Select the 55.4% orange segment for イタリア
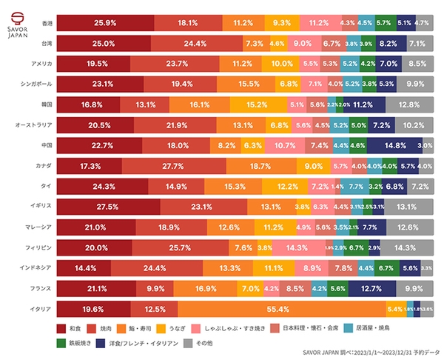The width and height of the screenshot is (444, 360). click(281, 308)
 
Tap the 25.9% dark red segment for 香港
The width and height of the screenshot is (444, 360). click(105, 23)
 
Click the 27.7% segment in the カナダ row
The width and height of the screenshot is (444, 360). click(172, 166)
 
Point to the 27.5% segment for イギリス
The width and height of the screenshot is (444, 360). click(108, 207)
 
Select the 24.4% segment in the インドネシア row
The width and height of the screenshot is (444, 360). click(154, 267)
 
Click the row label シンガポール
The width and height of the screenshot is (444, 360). click(33, 84)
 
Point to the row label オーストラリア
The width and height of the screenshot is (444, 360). click(31, 125)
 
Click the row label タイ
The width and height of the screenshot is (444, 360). click(46, 186)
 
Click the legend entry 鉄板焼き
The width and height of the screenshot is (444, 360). click(75, 343)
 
